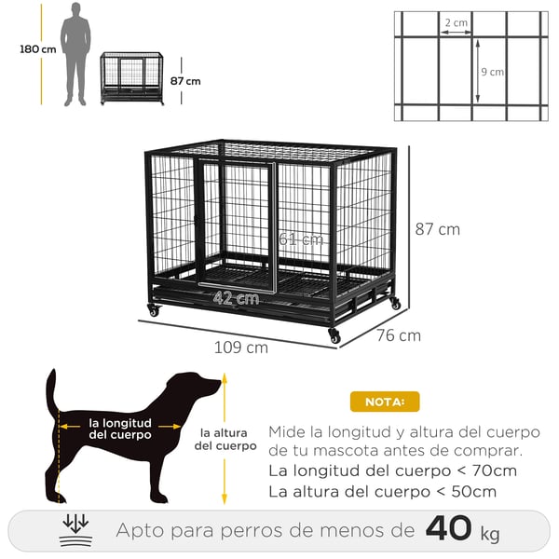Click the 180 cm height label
pyautogui.click(x=38, y=49)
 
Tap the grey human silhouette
pyautogui.click(x=75, y=54)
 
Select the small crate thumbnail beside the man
pyautogui.click(x=132, y=78)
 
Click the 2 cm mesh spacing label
pyautogui.click(x=457, y=22)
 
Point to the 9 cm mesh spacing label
pyautogui.click(x=492, y=72)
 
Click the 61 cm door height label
pyautogui.click(x=301, y=239)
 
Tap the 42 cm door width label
pyautogui.click(x=236, y=298)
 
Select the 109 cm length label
pyautogui.click(x=241, y=348)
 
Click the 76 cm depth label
pyautogui.click(x=399, y=335)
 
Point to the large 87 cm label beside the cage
pyautogui.click(x=438, y=229)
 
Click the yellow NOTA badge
pyautogui.click(x=385, y=402)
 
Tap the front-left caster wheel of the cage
pyautogui.click(x=154, y=310)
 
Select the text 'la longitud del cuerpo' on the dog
pyautogui.click(x=120, y=429)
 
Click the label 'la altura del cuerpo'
pyautogui.click(x=225, y=439)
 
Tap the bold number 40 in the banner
pyautogui.click(x=449, y=528)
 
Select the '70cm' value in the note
pyautogui.click(x=495, y=470)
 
